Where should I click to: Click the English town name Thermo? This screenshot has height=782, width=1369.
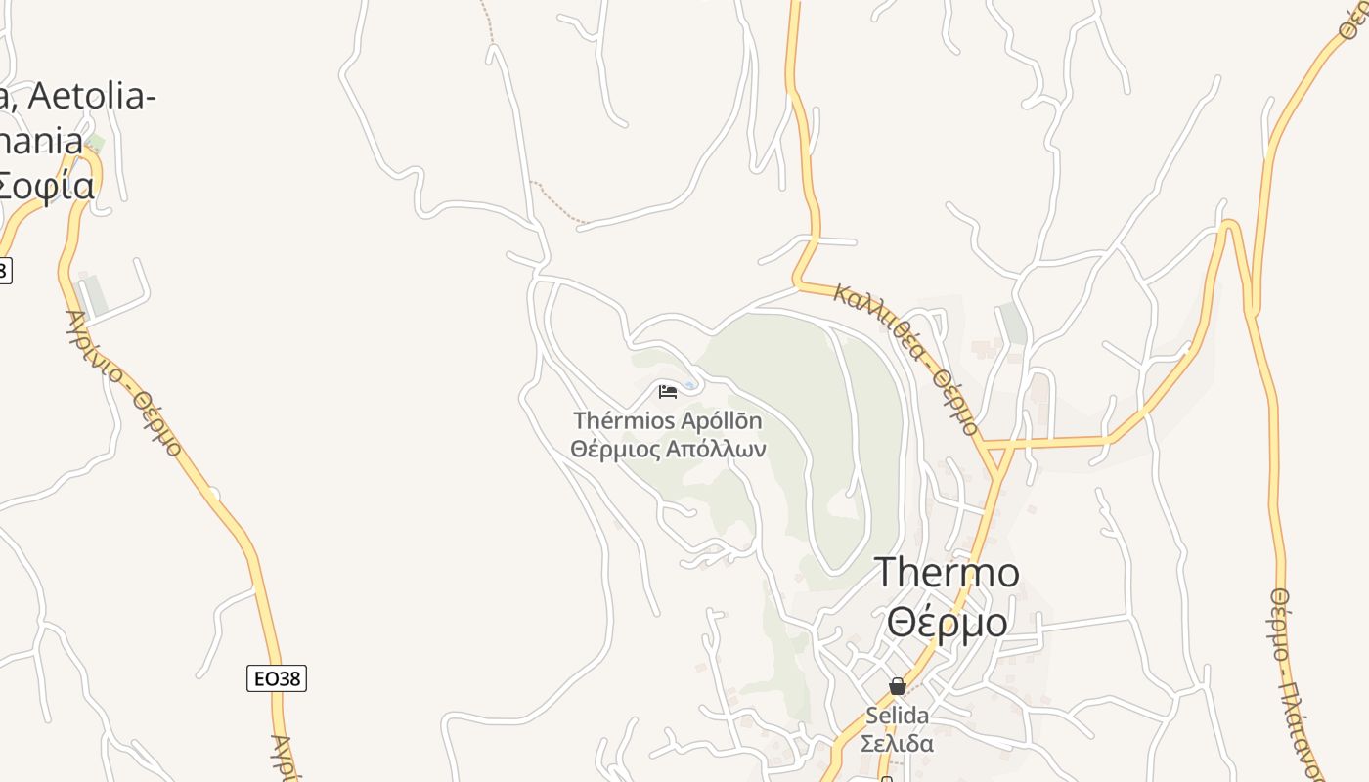(x=947, y=573)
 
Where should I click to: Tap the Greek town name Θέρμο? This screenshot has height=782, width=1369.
(x=947, y=622)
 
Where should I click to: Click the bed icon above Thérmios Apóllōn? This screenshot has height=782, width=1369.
(x=668, y=392)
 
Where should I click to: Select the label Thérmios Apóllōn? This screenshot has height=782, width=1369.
(x=667, y=421)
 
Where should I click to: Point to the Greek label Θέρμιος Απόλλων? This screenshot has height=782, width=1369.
(x=668, y=450)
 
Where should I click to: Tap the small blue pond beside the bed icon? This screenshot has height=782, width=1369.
(x=690, y=385)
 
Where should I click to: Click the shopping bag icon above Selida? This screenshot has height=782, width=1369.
(x=898, y=686)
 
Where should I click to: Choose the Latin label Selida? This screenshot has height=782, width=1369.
(x=898, y=716)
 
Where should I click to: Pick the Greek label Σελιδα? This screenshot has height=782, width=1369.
(x=898, y=743)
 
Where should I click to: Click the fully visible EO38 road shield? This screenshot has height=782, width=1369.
(x=277, y=678)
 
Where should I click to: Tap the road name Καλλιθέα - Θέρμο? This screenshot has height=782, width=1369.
(x=905, y=358)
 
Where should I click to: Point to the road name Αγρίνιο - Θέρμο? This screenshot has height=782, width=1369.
(x=124, y=382)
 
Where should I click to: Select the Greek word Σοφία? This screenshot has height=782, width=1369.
(x=47, y=185)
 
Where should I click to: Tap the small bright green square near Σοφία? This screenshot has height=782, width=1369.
(x=95, y=143)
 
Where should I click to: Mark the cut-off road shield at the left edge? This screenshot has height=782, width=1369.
(x=4, y=271)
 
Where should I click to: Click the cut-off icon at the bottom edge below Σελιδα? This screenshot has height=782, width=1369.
(x=887, y=778)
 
